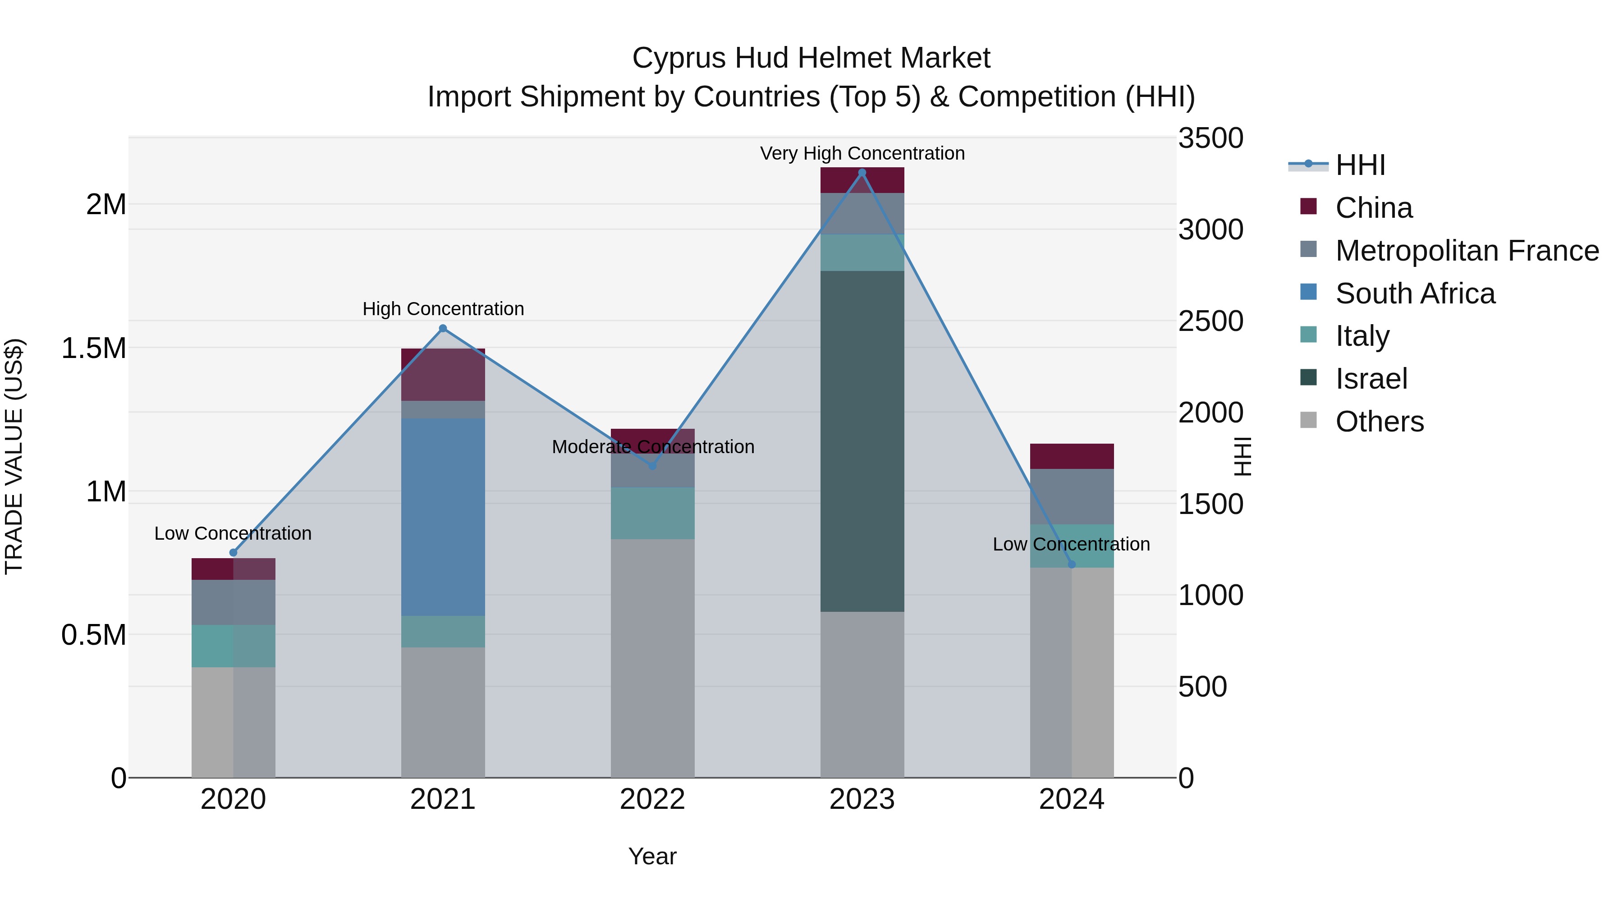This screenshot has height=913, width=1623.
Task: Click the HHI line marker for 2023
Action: [x=862, y=173]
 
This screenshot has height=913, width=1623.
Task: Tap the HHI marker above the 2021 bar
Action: [x=443, y=328]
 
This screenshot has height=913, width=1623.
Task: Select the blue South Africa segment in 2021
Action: [x=443, y=517]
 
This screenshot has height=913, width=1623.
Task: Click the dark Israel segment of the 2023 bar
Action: [x=862, y=441]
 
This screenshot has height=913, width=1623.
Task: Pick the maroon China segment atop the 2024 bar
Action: [x=1072, y=456]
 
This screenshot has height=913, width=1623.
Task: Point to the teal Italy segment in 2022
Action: [x=653, y=513]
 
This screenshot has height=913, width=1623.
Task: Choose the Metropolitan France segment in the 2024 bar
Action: [x=1072, y=496]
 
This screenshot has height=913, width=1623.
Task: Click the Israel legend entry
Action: [x=1371, y=379]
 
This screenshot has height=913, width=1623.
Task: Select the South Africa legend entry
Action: [x=1414, y=294]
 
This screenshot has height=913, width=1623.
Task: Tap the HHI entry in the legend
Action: [x=1360, y=165]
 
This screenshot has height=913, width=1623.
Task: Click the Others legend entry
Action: [x=1379, y=422]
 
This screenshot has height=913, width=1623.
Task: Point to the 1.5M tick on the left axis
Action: [x=93, y=348]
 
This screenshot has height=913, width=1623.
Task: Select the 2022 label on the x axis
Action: [x=653, y=799]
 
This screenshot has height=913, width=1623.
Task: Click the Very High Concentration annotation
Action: [x=862, y=153]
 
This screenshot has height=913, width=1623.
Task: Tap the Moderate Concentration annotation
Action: [x=653, y=447]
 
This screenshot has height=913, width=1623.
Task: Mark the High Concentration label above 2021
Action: [x=443, y=309]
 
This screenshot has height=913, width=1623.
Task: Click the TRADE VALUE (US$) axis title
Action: [x=14, y=456]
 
